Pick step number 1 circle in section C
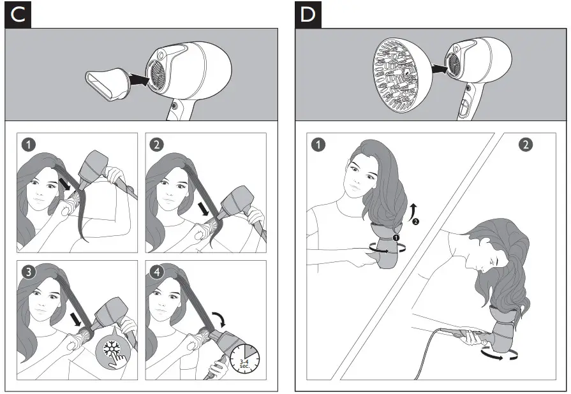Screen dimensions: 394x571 (x=28, y=144)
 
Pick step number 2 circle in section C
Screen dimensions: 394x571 (x=156, y=144)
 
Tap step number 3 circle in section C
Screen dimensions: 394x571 (x=28, y=271)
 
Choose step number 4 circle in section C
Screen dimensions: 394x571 (x=156, y=271)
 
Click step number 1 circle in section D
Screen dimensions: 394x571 (x=317, y=144)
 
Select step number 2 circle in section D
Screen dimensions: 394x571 (x=525, y=145)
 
